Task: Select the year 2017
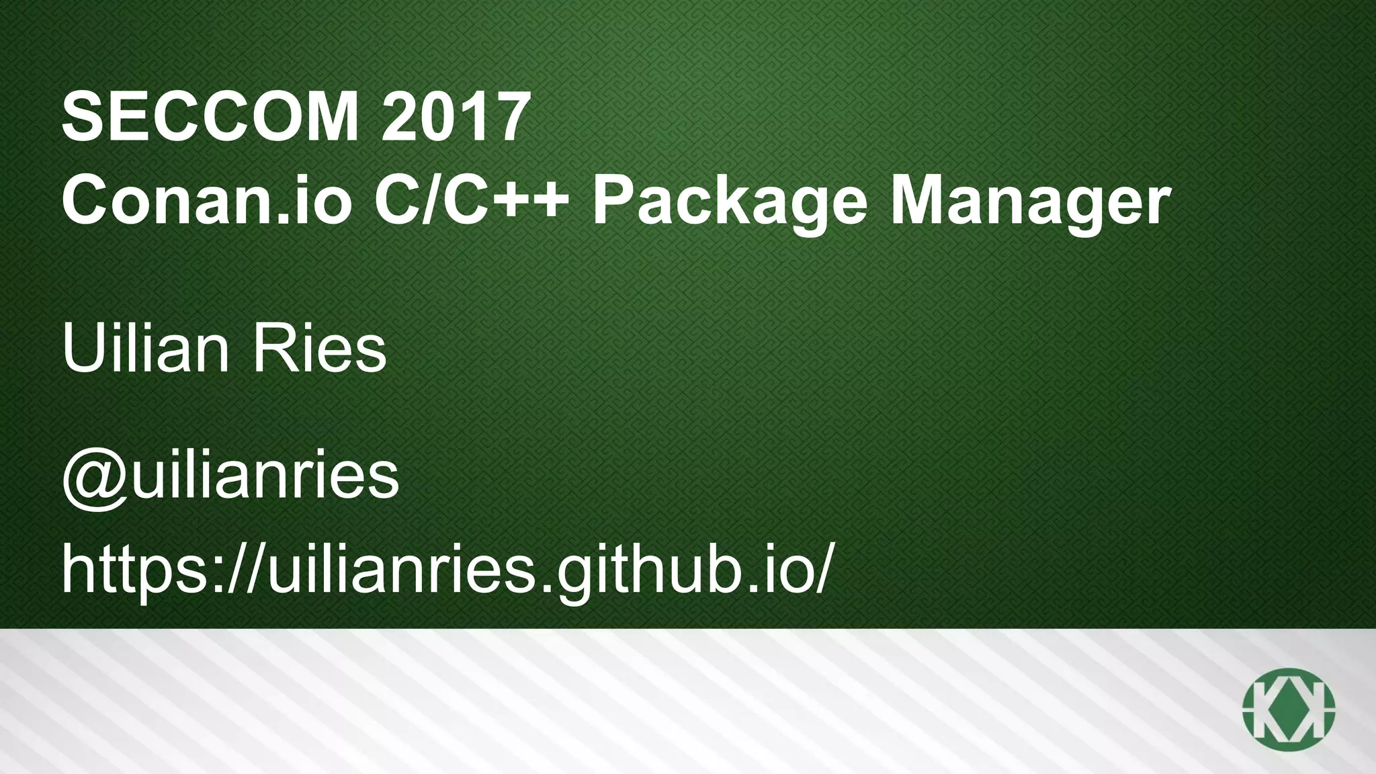click(451, 118)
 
